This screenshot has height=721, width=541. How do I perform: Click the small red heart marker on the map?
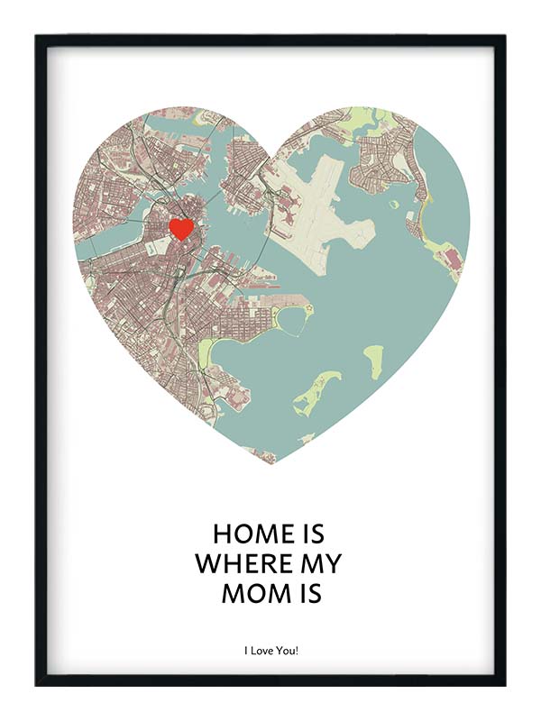tap(181, 228)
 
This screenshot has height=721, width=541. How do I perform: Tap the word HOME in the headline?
tap(239, 534)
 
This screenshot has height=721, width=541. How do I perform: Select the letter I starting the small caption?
tap(244, 649)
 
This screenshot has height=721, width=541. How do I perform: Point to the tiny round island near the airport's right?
tap(394, 205)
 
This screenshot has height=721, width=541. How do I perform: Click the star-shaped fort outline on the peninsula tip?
tap(307, 308)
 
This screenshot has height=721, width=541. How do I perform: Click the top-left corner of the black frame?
tap(37, 37)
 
